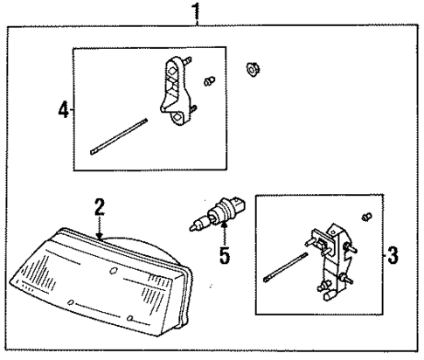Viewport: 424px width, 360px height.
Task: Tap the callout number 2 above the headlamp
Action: (100, 207)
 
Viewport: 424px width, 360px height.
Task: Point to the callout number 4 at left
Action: (62, 111)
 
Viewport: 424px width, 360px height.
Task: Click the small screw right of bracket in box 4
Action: (209, 81)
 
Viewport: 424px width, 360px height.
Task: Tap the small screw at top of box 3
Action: (368, 216)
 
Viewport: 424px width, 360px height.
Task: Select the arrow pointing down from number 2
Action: (101, 229)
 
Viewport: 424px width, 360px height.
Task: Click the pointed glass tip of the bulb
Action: (191, 228)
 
